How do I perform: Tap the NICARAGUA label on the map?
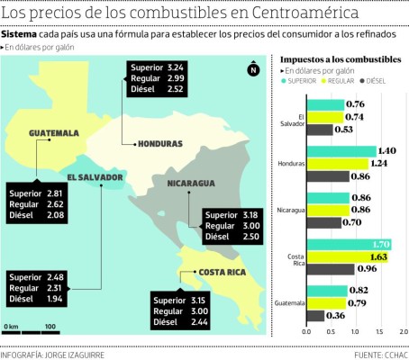click(190, 183)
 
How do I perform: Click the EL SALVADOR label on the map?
click(95, 177)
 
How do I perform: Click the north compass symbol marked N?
click(254, 70)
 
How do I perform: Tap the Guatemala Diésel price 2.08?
click(55, 215)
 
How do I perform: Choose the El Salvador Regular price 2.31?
click(55, 286)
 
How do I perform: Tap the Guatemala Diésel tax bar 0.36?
click(316, 315)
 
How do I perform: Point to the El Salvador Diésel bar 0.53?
click(320, 130)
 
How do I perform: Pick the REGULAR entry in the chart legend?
click(341, 79)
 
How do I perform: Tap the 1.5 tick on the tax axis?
click(377, 331)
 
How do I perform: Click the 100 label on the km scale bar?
click(50, 326)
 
